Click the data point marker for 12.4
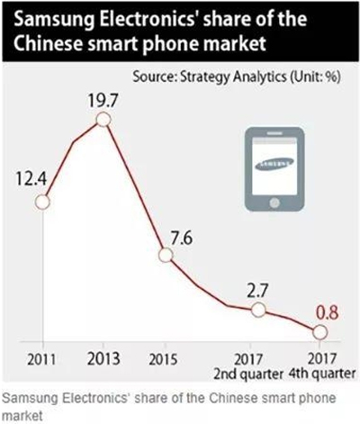coord(40,202)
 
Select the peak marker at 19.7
coord(104,119)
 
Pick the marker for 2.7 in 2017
coord(258,309)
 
